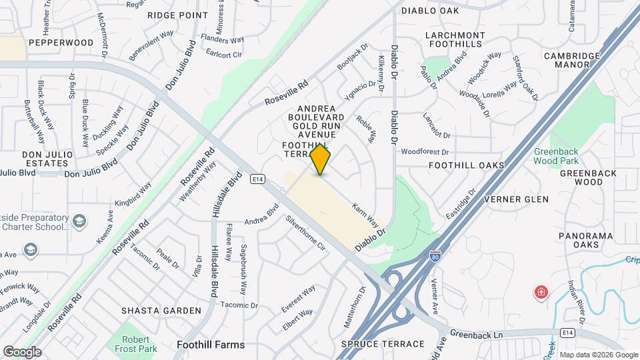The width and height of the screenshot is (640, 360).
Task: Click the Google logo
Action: point(22,351)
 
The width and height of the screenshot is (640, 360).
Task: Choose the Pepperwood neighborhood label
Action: point(61,43)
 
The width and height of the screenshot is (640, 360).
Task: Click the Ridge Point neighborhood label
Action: point(178,15)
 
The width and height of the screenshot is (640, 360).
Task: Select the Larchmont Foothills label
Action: point(455,39)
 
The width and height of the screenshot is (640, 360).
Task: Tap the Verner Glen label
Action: point(516,199)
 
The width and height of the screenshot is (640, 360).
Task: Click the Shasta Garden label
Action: point(161,311)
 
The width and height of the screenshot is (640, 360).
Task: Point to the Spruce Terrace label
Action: point(382,344)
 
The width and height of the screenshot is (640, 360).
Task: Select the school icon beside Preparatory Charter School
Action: point(79,221)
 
